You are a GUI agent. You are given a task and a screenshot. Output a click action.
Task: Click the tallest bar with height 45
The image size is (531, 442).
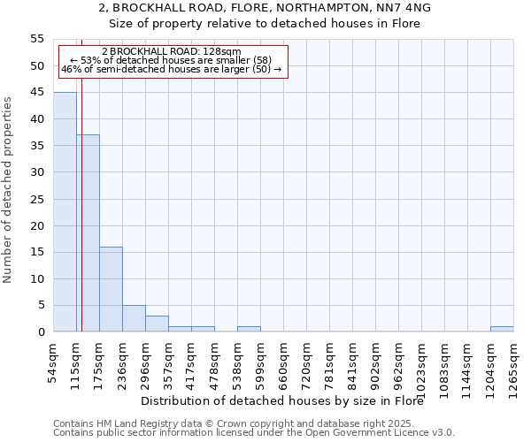pyautogui.click(x=65, y=212)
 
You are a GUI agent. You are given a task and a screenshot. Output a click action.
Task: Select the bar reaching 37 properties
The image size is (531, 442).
pyautogui.click(x=88, y=233)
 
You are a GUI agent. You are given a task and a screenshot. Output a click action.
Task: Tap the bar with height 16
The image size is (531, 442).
pyautogui.click(x=111, y=289)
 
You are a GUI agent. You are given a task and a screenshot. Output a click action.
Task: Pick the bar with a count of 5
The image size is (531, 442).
pyautogui.click(x=134, y=318)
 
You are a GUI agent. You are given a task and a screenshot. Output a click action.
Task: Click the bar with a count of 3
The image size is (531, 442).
pyautogui.click(x=157, y=324)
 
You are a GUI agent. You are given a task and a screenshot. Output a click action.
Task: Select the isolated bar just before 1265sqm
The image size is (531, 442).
pyautogui.click(x=502, y=329)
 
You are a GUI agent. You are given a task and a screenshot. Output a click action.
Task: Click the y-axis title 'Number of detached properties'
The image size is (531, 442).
pyautogui.click(x=8, y=190)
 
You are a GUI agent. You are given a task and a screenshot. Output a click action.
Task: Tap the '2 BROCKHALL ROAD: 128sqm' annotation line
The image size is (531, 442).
pyautogui.click(x=171, y=52)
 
